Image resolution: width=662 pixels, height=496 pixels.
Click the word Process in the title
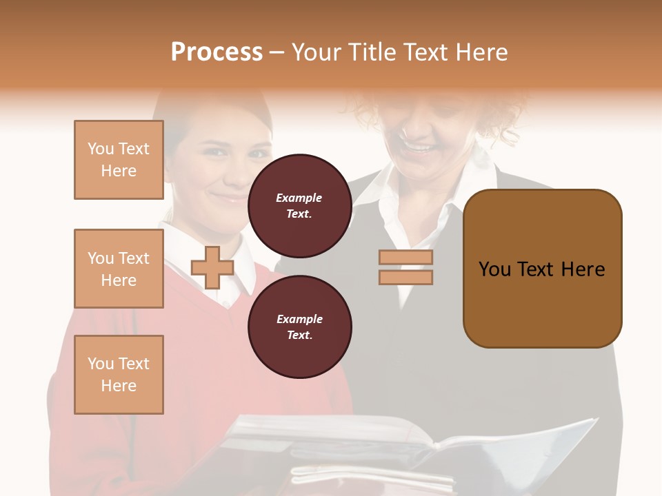pos(217,52)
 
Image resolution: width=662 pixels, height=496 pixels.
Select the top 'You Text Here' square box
pos(119,160)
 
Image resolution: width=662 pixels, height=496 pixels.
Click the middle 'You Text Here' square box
pos(119,269)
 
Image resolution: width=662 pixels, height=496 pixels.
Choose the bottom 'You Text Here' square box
pos(119,375)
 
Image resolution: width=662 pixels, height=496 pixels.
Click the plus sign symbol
pos(212,267)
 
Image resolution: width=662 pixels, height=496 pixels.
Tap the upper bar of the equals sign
pos(405,258)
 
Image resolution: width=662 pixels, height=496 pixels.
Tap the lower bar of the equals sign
pos(405,278)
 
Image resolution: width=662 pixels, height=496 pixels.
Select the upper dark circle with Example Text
pos(299,205)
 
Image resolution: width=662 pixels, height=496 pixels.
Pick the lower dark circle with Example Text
pos(299,327)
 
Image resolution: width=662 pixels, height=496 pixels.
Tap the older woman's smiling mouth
pos(419,147)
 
